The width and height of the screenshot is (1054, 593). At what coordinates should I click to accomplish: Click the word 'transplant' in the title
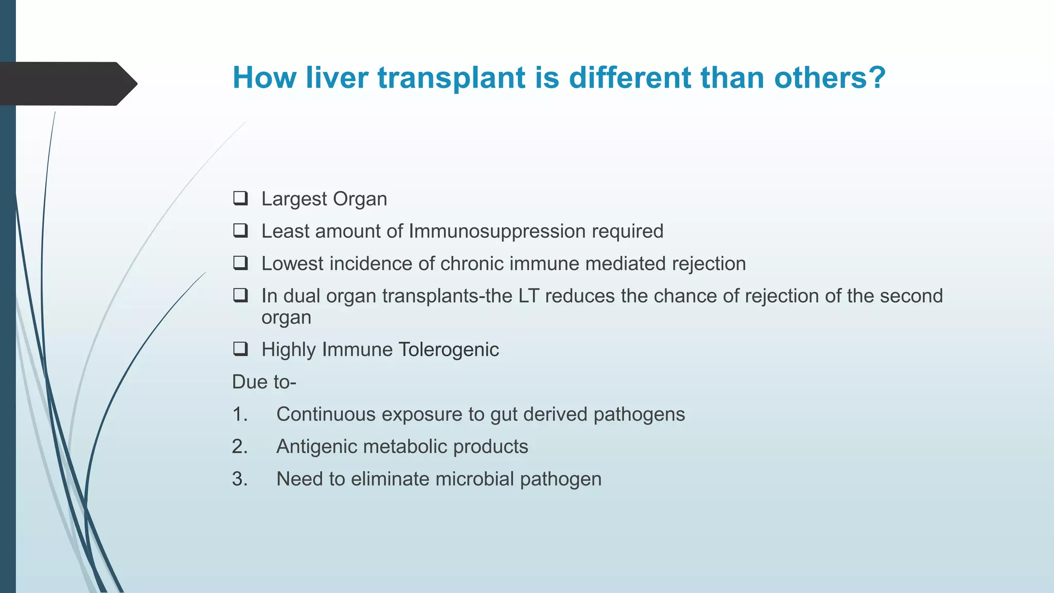pos(452,78)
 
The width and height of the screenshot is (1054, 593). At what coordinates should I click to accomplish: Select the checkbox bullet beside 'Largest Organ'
pos(240,198)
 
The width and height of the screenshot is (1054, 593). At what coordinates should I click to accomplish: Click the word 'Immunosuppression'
pos(497,231)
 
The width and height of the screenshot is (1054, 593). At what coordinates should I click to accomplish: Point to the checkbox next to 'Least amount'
pos(240,231)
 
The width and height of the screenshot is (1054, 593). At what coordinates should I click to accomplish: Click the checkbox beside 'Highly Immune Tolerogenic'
pos(240,349)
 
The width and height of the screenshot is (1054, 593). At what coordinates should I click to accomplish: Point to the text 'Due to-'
pos(264,382)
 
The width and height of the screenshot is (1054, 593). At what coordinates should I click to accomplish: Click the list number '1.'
pos(240,414)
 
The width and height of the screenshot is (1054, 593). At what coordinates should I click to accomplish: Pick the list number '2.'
pos(240,446)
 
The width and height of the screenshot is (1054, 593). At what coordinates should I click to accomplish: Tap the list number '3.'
pos(240,479)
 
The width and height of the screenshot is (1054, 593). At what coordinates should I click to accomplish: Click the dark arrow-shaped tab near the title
pos(67,83)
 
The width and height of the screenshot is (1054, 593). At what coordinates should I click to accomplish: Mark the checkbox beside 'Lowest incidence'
pos(240,263)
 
